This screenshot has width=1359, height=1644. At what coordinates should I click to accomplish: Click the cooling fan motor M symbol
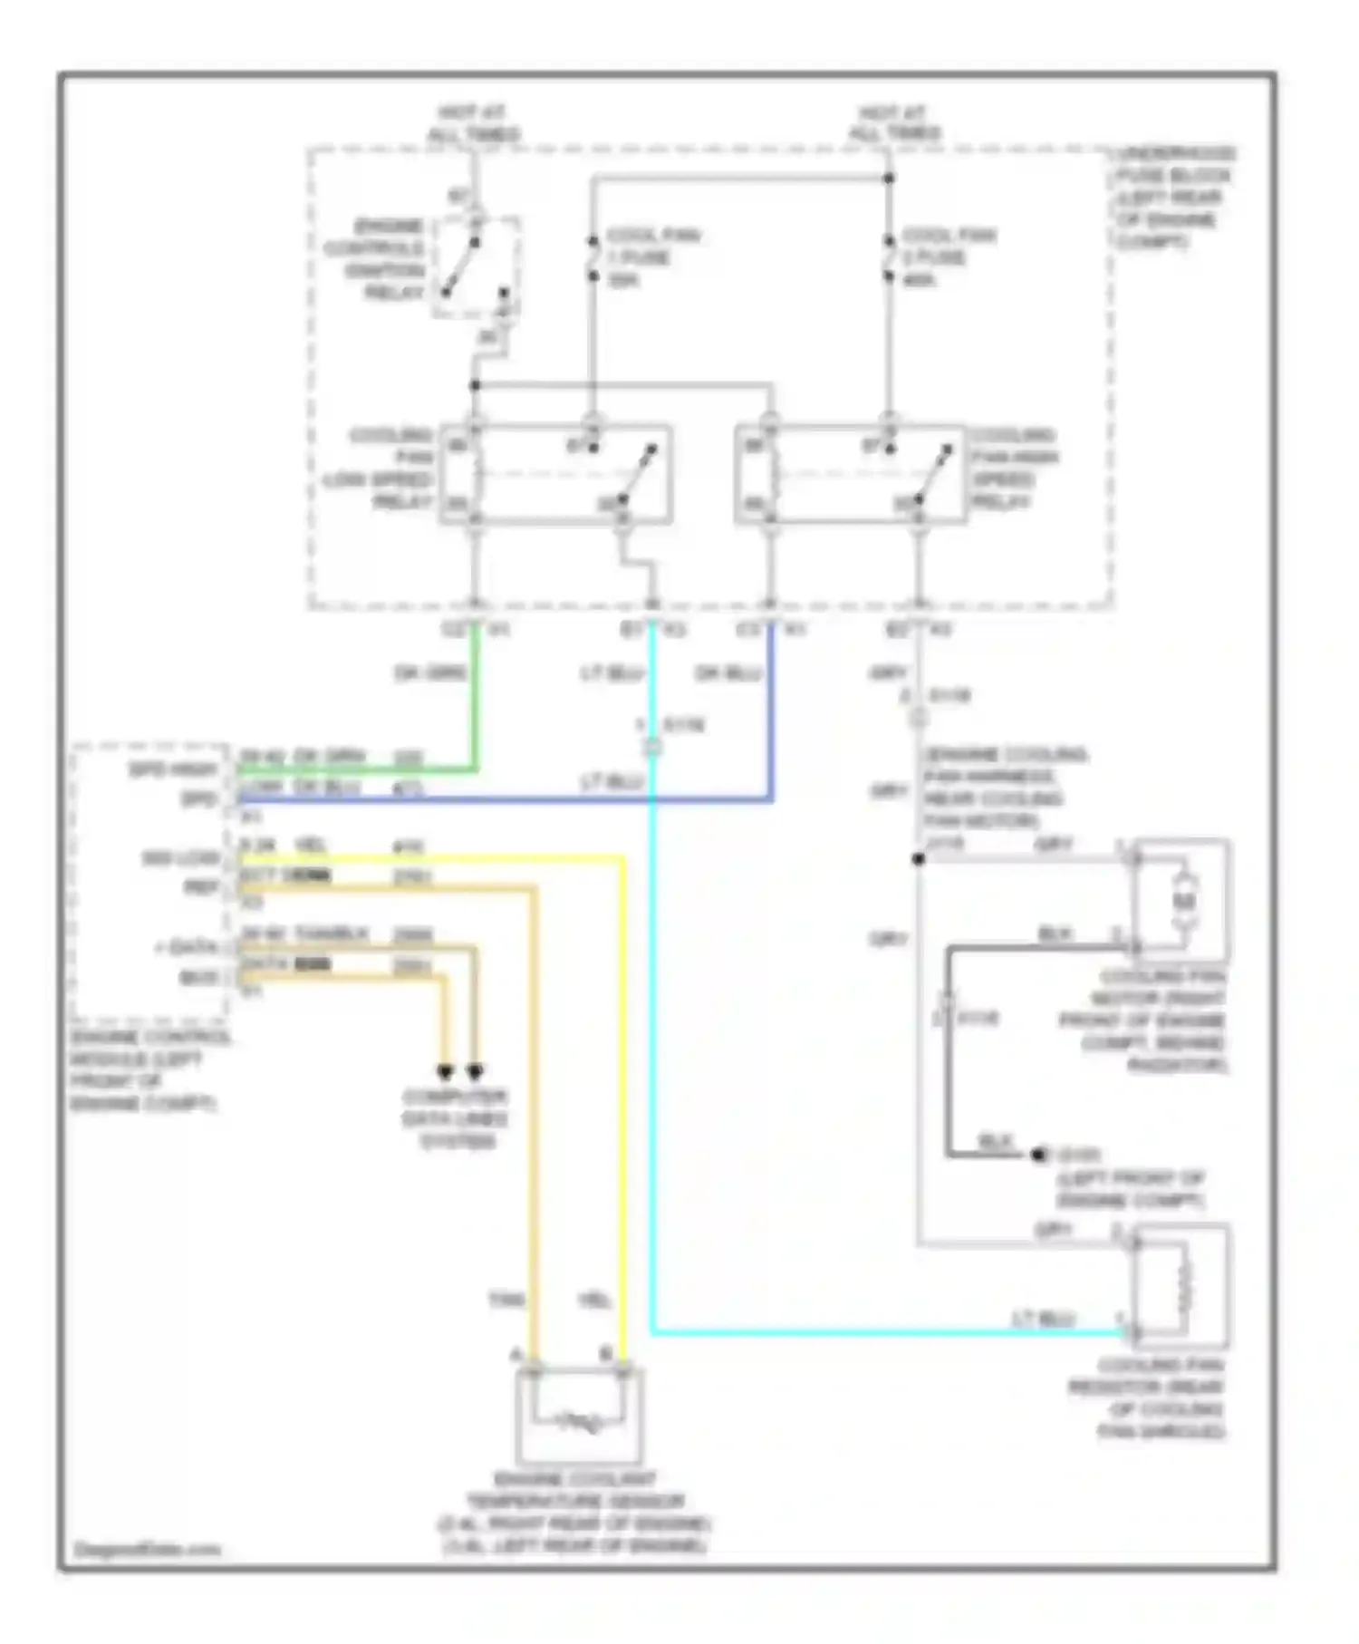click(x=1184, y=901)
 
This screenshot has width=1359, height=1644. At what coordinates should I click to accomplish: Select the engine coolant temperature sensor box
click(x=579, y=1416)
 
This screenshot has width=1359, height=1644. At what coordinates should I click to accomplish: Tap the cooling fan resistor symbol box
click(x=1181, y=1284)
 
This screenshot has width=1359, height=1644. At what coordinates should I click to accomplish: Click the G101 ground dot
click(x=1039, y=1155)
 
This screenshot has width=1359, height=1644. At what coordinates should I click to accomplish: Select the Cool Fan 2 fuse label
click(x=948, y=257)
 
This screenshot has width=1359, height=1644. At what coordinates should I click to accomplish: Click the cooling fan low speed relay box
click(x=555, y=475)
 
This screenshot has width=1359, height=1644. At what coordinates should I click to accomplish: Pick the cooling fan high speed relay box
click(x=851, y=475)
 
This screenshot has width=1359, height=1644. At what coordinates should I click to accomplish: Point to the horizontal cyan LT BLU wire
click(x=888, y=1333)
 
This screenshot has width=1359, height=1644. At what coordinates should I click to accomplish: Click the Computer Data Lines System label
click(x=456, y=1118)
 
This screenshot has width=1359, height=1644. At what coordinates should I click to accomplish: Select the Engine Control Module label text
click(x=149, y=1070)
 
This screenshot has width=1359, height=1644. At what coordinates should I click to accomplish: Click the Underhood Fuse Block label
click(x=1174, y=198)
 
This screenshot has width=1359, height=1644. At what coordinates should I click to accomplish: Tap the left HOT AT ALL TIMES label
click(x=473, y=123)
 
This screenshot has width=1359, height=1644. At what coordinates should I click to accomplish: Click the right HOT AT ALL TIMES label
click(x=893, y=123)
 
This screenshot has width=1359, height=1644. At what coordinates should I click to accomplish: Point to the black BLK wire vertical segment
click(x=949, y=1069)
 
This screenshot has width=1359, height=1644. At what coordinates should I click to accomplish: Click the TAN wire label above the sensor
click(x=506, y=1301)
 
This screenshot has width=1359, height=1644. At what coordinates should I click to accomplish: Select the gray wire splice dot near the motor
click(x=918, y=858)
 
